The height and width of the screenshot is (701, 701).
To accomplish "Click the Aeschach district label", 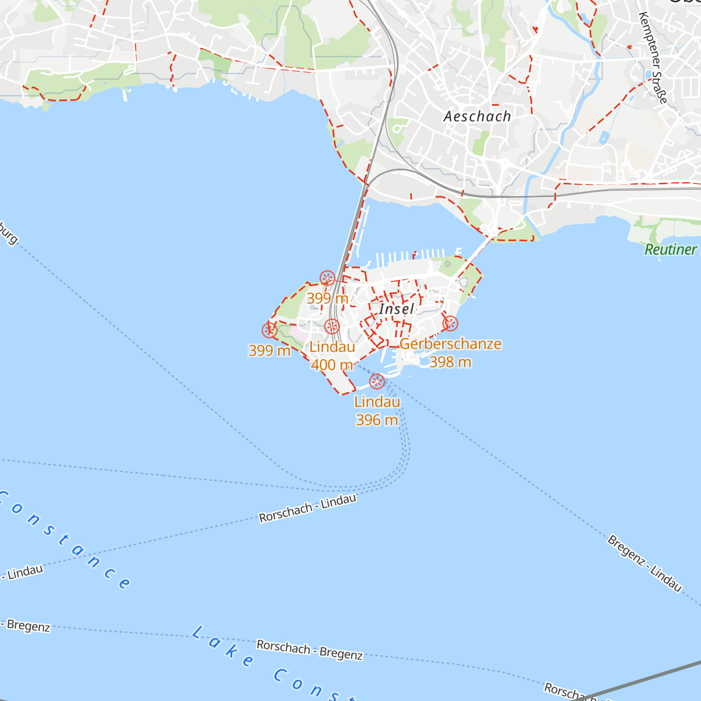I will [x=477, y=116].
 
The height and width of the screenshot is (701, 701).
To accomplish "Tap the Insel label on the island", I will [x=397, y=308].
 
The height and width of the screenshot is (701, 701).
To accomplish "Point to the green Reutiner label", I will [x=671, y=249].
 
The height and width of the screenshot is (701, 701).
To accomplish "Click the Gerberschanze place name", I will [x=450, y=344].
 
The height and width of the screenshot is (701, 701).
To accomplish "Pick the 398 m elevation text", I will [x=450, y=362].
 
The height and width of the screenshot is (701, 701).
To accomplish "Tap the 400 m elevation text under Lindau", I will [x=332, y=365].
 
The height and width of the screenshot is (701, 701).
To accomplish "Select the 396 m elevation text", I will [x=377, y=420].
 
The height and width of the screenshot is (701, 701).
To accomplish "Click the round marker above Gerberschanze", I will [x=450, y=324].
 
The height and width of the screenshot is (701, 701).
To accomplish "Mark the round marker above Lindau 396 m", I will [x=377, y=382].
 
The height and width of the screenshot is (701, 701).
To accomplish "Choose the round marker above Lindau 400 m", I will [x=332, y=327].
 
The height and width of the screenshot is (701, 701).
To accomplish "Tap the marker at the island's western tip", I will [x=269, y=331].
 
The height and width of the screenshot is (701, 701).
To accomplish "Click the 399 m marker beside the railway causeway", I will [x=328, y=278].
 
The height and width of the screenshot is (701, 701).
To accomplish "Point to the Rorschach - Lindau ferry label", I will [x=307, y=509].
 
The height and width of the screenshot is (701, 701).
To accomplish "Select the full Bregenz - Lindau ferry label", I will [x=644, y=563].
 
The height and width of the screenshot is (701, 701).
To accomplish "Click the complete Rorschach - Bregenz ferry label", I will [x=310, y=650].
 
